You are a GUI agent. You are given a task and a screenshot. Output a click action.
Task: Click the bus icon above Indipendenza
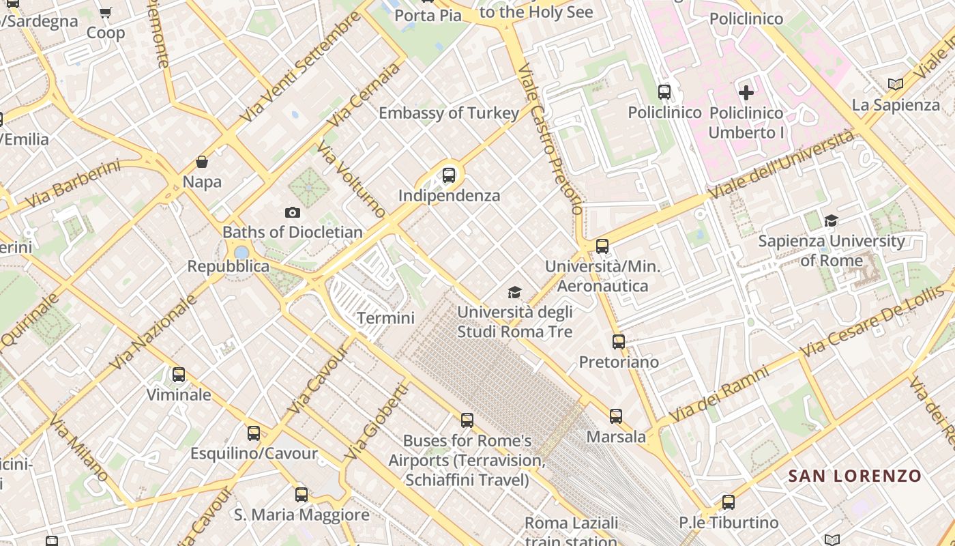pos(449,175)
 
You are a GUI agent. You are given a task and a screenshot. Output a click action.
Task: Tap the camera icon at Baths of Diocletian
pos(293,213)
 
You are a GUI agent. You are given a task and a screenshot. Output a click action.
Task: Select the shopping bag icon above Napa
pos(202,162)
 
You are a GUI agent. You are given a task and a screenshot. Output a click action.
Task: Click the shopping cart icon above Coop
pos(106,12)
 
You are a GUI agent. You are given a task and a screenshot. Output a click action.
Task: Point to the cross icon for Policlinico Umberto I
pos(746,92)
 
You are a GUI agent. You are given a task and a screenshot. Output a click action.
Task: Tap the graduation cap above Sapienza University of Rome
pos(831,220)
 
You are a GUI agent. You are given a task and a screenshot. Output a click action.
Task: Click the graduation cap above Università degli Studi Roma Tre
pos(514,293)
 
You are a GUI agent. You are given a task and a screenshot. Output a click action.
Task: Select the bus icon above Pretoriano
pos(619,342)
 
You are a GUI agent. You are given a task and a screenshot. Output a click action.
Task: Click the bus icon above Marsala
pos(616,416)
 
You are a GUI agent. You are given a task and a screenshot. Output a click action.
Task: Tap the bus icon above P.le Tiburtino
pos(729,502)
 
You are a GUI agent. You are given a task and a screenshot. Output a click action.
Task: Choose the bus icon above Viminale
pos(179,375)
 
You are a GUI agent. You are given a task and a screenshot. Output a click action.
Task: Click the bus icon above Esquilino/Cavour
pos(254,433)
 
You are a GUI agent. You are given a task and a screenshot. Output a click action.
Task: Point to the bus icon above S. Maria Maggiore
pos(302,495)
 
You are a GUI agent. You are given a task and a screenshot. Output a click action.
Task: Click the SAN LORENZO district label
pos(855,476)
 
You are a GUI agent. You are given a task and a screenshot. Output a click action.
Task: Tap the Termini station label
pos(385,318)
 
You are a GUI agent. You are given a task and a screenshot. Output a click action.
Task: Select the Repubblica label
pos(229,266)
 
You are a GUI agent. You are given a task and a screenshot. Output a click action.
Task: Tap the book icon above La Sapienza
pos(896,85)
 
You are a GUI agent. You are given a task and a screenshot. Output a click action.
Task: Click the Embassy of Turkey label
pos(449,113)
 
